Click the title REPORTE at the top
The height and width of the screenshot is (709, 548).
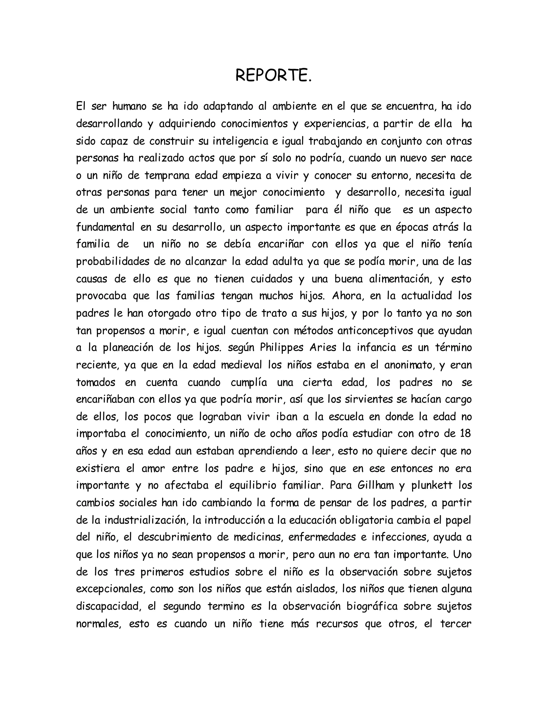pos(273,76)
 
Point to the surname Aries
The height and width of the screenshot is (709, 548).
pos(322,348)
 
